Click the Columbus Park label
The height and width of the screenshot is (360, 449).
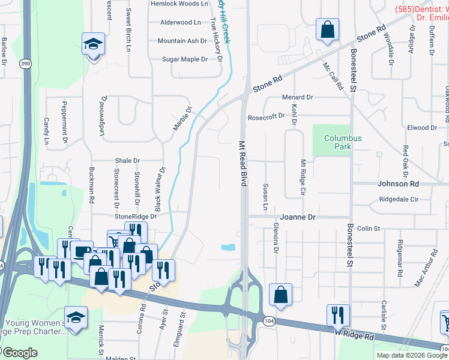(x=343, y=142)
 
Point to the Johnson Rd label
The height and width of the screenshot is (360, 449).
(x=397, y=184)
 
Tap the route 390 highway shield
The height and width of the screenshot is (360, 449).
(x=25, y=65)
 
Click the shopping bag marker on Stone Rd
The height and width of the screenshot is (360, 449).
(x=328, y=30)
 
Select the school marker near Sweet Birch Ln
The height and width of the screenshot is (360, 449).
(x=94, y=44)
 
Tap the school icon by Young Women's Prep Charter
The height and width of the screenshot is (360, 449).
(x=76, y=318)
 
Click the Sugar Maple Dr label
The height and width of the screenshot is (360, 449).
(x=185, y=59)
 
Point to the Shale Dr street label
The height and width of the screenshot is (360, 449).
(x=127, y=161)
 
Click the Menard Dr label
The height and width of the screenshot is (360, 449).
(x=298, y=97)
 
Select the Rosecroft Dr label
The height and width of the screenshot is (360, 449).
(x=266, y=116)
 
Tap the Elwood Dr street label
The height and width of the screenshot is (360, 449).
(x=421, y=128)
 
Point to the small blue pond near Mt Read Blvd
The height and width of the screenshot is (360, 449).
(x=228, y=247)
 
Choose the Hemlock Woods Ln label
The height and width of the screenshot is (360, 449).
(x=179, y=4)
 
